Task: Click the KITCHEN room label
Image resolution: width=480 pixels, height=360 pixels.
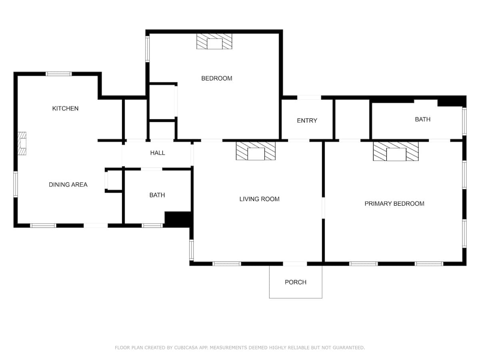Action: [65, 108]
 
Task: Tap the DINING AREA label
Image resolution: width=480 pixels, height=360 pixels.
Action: [68, 185]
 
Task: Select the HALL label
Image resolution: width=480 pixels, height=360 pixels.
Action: [158, 153]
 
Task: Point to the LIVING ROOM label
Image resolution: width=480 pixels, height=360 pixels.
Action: [259, 199]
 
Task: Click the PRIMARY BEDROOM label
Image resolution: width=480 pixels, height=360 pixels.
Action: [394, 204]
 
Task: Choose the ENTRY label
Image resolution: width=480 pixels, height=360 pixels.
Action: [307, 121]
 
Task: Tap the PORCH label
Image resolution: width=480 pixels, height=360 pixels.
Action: [296, 282]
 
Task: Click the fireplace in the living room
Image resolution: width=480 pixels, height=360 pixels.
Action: [256, 151]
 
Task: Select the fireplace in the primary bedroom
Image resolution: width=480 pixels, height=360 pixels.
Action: [396, 151]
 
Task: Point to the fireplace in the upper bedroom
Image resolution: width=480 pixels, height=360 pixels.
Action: [214, 41]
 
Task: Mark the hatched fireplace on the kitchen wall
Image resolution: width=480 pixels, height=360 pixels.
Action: [22, 143]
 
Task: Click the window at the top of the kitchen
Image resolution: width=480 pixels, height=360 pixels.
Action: [59, 74]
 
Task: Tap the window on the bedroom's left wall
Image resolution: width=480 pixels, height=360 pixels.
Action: [147, 49]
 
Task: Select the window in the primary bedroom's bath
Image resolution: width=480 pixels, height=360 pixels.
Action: [464, 122]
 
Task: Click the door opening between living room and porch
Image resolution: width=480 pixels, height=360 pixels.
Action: [295, 264]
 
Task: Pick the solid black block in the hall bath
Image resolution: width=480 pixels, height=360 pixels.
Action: [178, 219]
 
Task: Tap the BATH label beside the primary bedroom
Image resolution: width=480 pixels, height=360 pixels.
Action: [422, 120]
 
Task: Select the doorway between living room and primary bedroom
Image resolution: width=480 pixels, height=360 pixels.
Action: [324, 208]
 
